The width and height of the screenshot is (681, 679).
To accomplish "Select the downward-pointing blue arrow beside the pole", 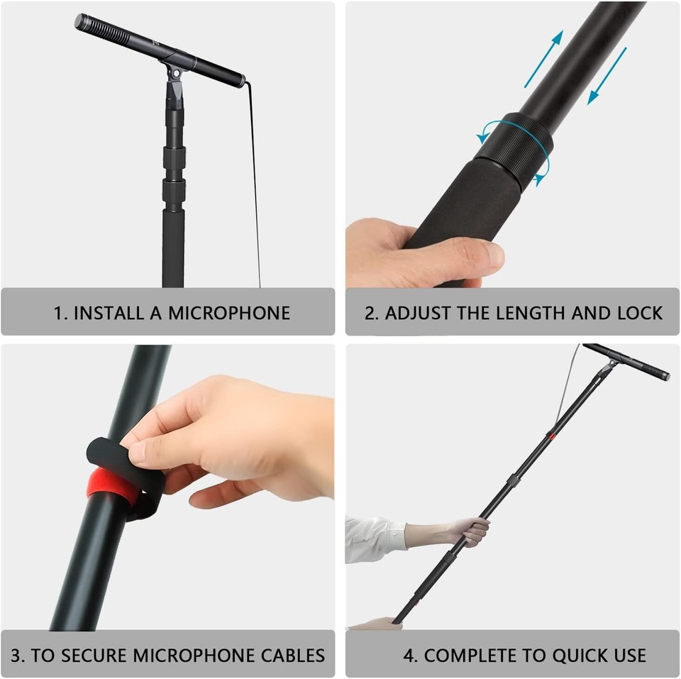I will click(607, 76).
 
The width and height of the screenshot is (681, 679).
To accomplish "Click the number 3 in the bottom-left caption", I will click(16, 655).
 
